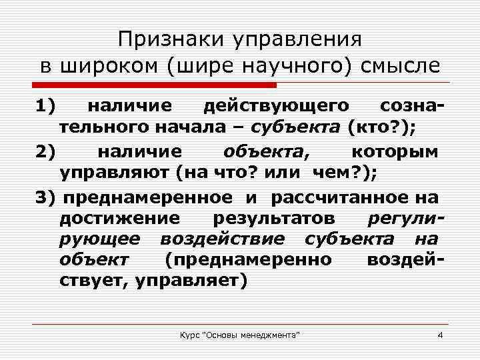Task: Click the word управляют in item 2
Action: click(x=115, y=173)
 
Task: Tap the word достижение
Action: click(x=119, y=219)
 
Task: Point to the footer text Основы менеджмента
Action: click(x=261, y=333)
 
